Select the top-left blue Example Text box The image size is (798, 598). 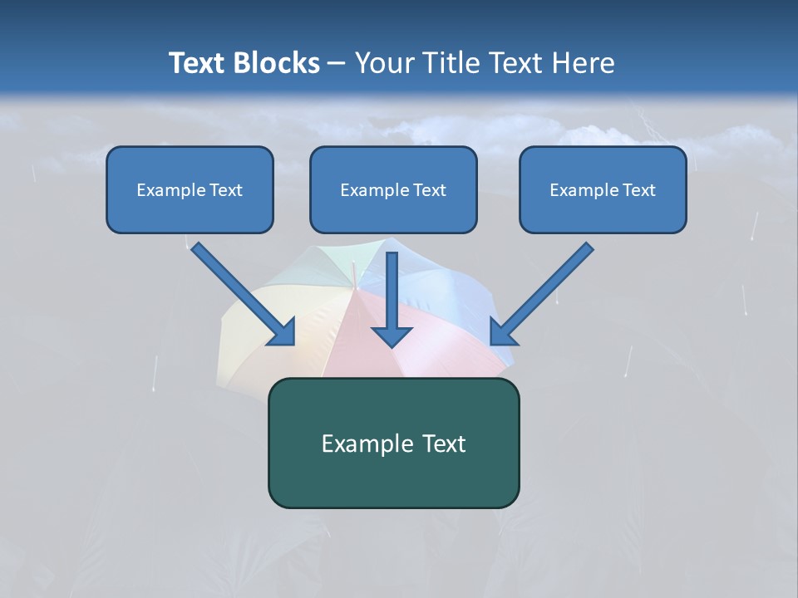pyautogui.click(x=190, y=190)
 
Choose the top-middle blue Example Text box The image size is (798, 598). pyautogui.click(x=393, y=190)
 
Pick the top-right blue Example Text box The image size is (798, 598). pyautogui.click(x=603, y=190)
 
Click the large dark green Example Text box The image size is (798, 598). pyautogui.click(x=393, y=444)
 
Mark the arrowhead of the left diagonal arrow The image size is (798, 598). pyautogui.click(x=283, y=333)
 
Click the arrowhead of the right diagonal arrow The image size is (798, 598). pyautogui.click(x=502, y=333)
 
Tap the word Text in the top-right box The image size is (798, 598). pyautogui.click(x=638, y=190)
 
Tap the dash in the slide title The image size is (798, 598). pyautogui.click(x=337, y=64)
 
